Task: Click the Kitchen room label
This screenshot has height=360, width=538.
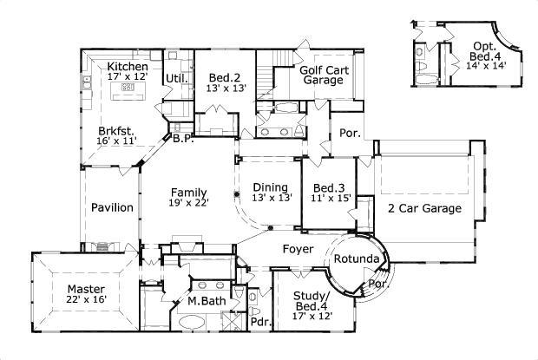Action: coord(127,67)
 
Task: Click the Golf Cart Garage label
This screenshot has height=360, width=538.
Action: coord(322,74)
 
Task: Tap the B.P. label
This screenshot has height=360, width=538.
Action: coord(181,138)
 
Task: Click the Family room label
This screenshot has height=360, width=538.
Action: coord(187,192)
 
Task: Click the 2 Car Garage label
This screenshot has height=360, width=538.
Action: coord(424,208)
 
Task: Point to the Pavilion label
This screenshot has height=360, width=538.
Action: coord(113,207)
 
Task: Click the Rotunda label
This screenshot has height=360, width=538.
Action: coord(355,259)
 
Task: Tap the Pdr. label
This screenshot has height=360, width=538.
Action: coord(259,322)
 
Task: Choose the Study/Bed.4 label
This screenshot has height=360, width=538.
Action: coord(311,300)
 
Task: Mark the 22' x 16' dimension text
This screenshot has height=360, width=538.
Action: coord(85,300)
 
